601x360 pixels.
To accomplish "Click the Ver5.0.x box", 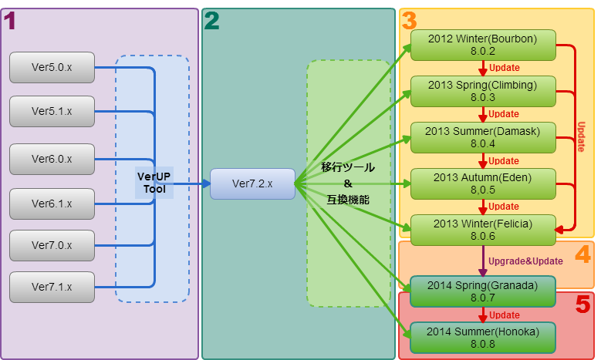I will (x=52, y=67).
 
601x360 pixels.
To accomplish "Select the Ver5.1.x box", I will (x=52, y=112).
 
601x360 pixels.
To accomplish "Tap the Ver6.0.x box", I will (x=52, y=159).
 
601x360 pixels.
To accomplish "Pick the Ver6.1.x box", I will (x=52, y=204).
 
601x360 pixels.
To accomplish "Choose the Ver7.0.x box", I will (x=52, y=245).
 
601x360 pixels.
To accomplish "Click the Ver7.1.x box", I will (x=52, y=287).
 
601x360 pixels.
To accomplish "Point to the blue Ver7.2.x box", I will (x=252, y=183).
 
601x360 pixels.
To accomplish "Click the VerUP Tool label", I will (x=154, y=183).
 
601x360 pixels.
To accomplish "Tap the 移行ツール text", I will (x=347, y=167).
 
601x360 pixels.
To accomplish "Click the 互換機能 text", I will (x=347, y=200).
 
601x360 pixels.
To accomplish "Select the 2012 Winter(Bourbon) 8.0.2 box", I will (x=483, y=45).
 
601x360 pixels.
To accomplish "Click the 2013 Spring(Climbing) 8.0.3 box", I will (x=483, y=91).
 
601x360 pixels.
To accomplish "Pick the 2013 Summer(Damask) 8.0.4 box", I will (x=483, y=137).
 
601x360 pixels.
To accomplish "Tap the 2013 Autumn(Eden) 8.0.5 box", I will (x=483, y=183).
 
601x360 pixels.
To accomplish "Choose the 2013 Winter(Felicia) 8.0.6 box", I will (x=483, y=230).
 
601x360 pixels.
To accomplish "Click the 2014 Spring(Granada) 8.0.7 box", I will (x=483, y=291).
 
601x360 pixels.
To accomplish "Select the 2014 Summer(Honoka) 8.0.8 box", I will (x=483, y=337).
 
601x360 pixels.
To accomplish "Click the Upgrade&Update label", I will (x=525, y=261).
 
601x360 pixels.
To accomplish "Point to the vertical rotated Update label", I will (x=581, y=136).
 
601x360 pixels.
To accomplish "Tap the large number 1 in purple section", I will (x=10, y=22).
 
